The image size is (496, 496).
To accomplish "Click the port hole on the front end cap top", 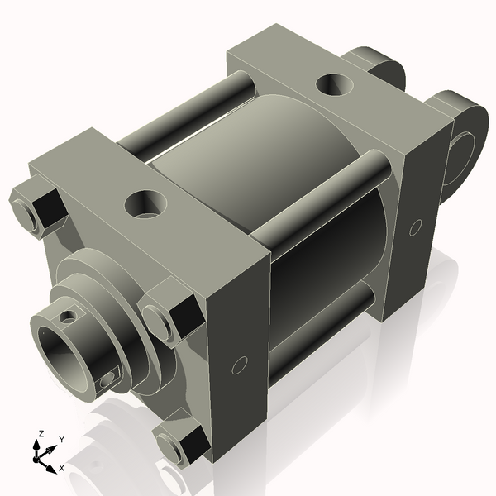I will (x=145, y=203).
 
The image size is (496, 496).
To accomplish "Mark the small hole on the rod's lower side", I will (x=107, y=380).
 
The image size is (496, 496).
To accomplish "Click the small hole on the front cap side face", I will (x=241, y=365).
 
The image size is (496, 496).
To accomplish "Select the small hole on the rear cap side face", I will (x=416, y=225).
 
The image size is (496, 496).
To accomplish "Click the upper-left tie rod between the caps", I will (x=190, y=116).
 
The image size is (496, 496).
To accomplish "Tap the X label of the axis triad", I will (x=62, y=469).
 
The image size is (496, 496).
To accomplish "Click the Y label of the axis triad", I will (x=62, y=439).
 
